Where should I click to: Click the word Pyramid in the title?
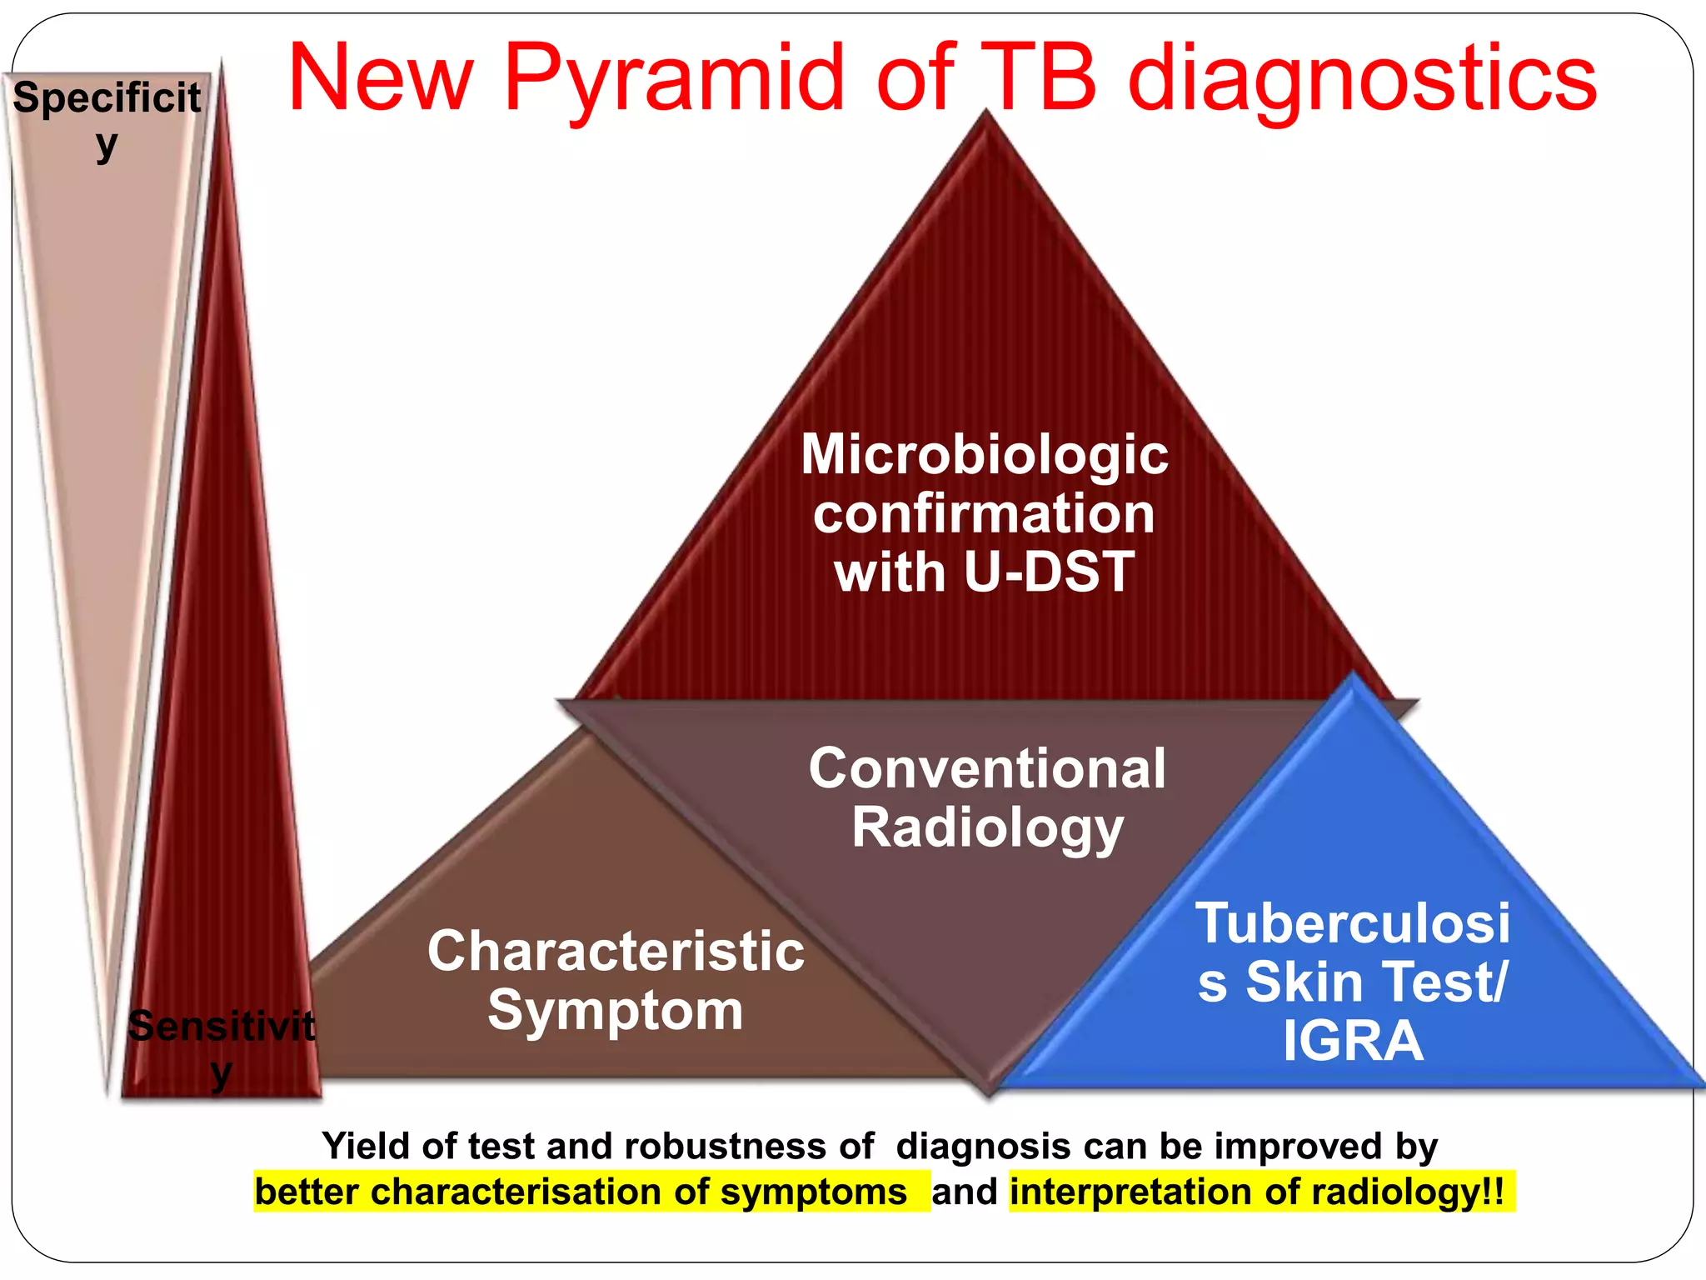pos(675,79)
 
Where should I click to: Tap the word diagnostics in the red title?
pos(1362,79)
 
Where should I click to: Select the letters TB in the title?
pos(1037,79)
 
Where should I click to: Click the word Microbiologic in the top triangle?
pos(985,455)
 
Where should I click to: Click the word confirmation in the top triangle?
pos(985,513)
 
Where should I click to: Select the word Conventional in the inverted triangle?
pos(987,767)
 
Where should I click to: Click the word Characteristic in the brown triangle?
pos(616,951)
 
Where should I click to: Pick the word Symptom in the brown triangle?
pos(616,1010)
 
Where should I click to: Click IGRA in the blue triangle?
pos(1353,1041)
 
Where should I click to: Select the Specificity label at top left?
pos(107,117)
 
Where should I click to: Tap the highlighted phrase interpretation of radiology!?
pos(1260,1192)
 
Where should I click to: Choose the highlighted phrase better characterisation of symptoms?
pos(581,1192)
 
